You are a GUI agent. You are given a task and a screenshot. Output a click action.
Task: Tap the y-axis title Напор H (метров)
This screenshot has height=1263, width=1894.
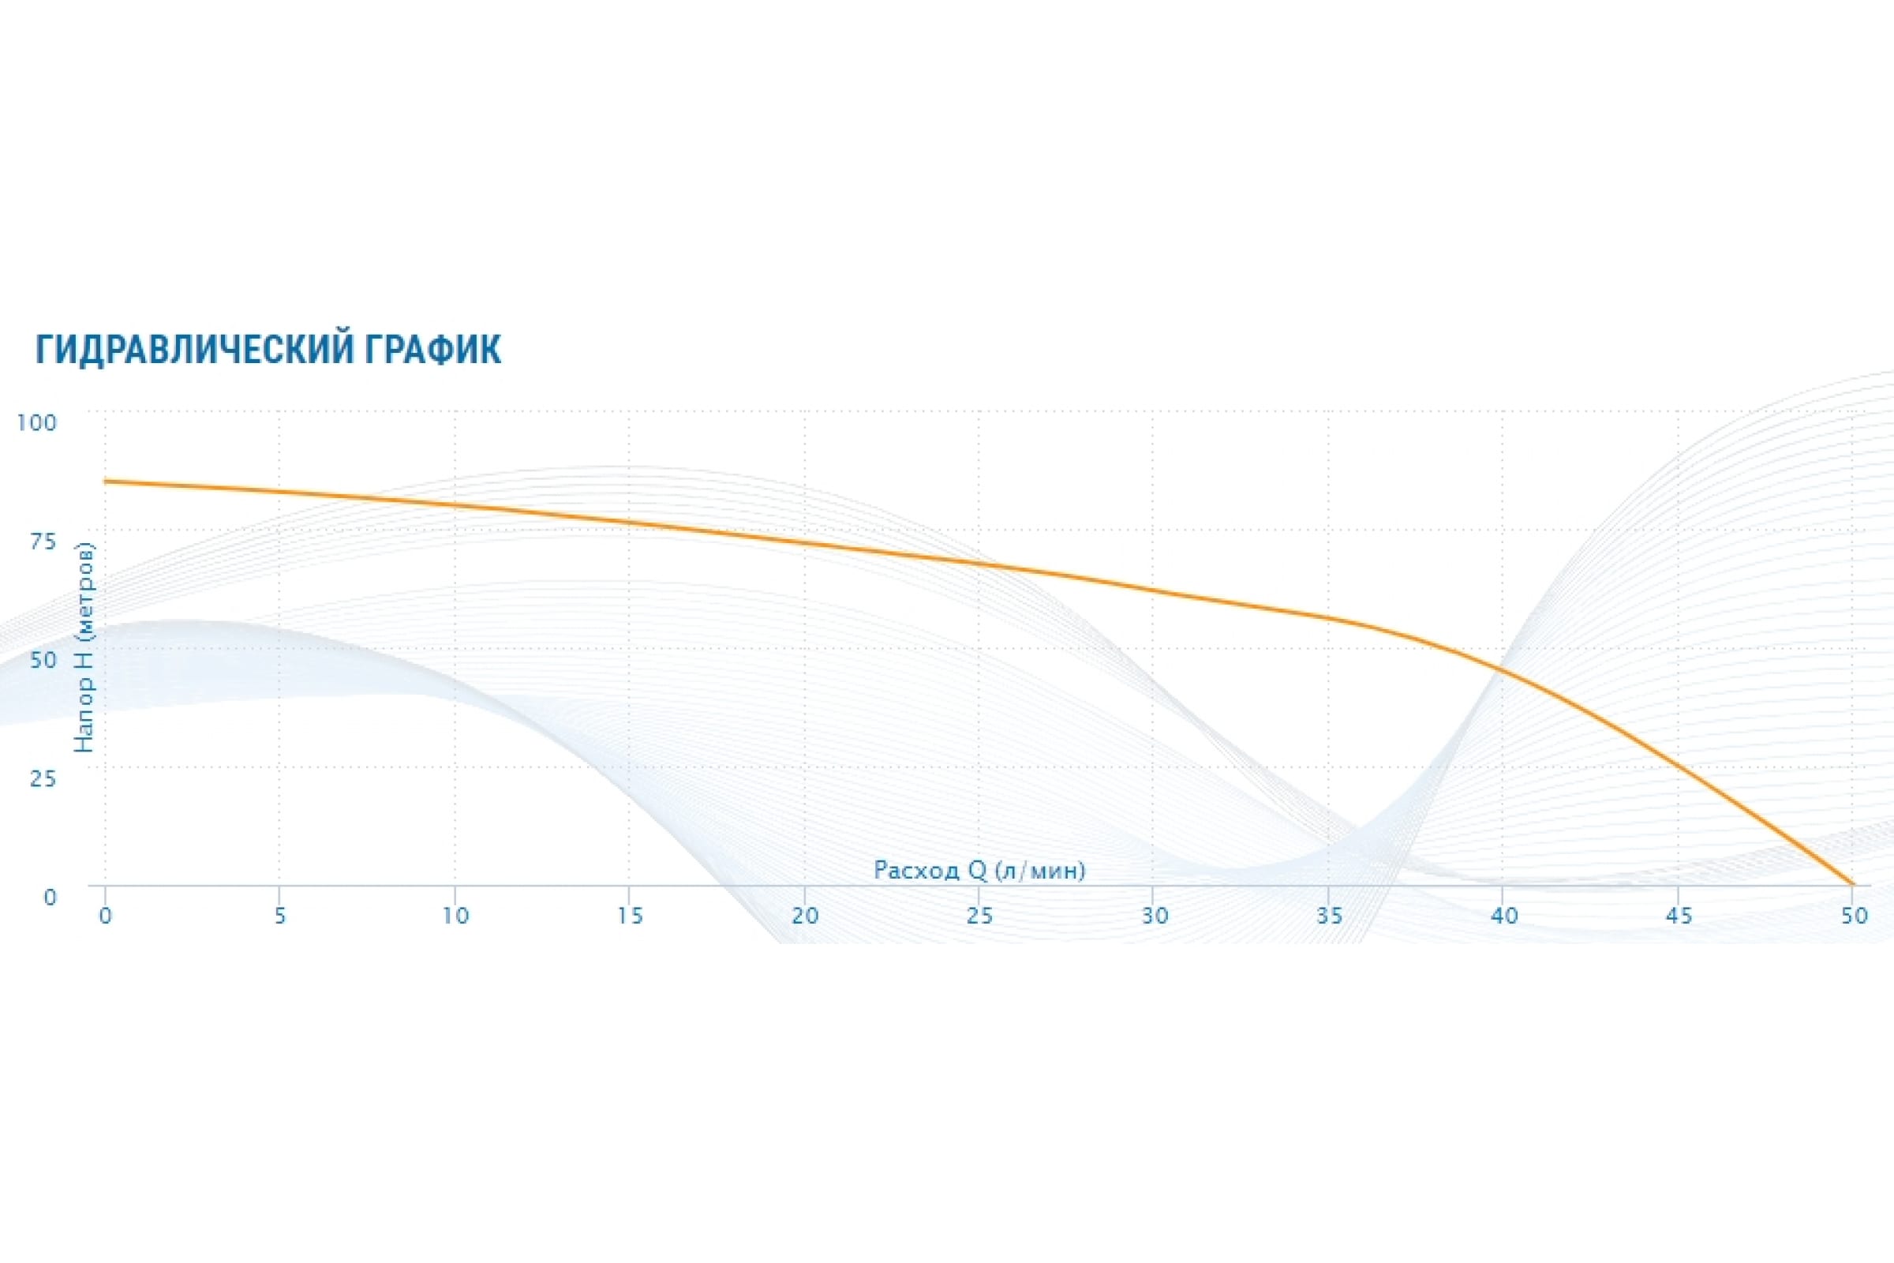(84, 647)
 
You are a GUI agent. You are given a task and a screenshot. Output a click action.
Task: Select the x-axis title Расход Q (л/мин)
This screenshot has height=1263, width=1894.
(979, 870)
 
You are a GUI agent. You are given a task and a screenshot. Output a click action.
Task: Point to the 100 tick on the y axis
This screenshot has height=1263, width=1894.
(37, 422)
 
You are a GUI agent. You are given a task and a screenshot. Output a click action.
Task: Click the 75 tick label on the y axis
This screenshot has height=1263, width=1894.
(43, 542)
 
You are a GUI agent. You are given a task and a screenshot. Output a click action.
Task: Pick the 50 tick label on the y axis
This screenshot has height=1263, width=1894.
(43, 660)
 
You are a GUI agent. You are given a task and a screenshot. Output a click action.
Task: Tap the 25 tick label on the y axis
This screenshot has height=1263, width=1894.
(43, 778)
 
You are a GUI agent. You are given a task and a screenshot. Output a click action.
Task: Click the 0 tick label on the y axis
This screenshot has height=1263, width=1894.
(50, 897)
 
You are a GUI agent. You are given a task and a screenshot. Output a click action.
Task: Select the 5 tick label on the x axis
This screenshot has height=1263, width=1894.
(280, 916)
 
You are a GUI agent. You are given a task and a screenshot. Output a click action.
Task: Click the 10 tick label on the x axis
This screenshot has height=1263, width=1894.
(455, 916)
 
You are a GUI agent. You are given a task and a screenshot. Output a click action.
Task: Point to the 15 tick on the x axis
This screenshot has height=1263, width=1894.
(630, 916)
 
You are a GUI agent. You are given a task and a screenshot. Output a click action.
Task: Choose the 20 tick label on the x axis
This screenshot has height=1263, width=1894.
(804, 916)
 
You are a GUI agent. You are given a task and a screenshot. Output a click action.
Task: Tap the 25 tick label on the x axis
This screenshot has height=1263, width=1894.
(979, 916)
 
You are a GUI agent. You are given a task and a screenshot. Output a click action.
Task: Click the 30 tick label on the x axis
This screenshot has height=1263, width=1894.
(1155, 916)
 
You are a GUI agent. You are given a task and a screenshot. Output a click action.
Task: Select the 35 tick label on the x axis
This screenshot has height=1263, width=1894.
(1330, 916)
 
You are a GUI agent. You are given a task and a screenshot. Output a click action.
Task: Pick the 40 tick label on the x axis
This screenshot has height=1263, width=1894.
(1504, 916)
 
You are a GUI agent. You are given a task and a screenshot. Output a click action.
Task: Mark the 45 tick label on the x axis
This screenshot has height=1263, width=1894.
(1679, 916)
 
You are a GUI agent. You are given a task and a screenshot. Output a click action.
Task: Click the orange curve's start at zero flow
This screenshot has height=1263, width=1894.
(106, 482)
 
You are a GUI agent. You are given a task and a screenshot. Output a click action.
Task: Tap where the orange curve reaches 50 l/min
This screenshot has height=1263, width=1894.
(1853, 884)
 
